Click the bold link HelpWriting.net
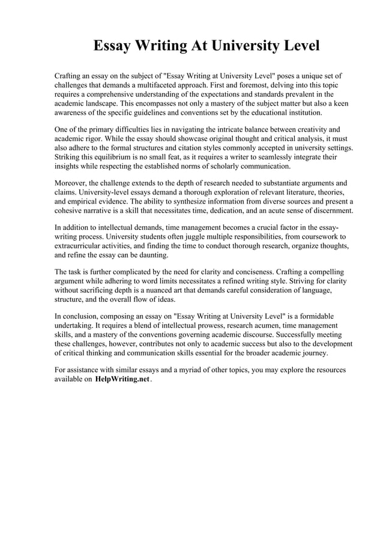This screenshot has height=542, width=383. coord(122,380)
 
